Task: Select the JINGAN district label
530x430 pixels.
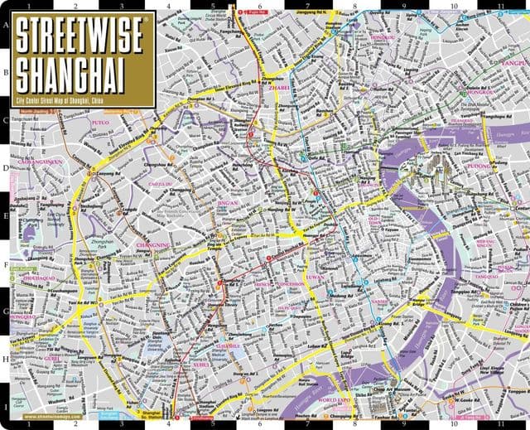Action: click(228, 202)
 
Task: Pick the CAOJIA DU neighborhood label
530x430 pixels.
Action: click(159, 184)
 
